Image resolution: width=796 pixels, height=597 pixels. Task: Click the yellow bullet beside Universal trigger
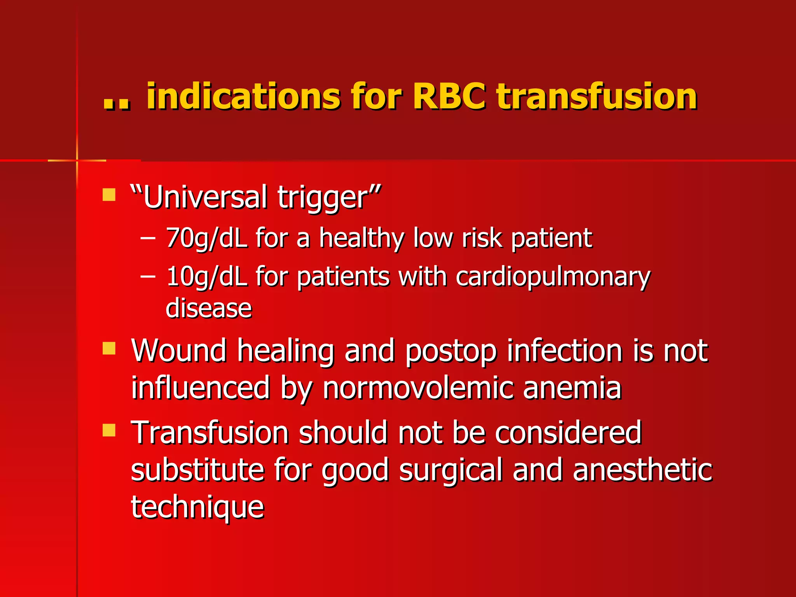click(109, 195)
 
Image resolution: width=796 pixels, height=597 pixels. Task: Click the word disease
click(209, 308)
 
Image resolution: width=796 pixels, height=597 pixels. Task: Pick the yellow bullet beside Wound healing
click(109, 348)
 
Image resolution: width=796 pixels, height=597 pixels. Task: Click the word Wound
click(179, 351)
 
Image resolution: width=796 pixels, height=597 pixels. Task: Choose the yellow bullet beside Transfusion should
click(109, 430)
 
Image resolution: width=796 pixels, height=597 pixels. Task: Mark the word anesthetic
click(642, 470)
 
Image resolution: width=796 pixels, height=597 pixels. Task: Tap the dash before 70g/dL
click(148, 238)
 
